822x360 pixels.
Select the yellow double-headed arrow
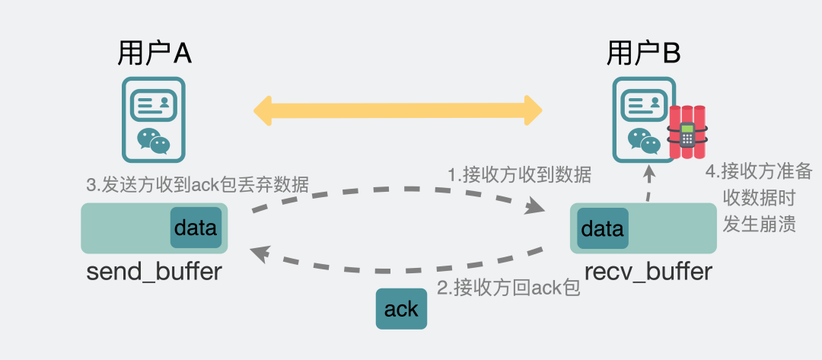pos(397,110)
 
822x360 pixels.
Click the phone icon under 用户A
pos(154,119)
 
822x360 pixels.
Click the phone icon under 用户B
pos(643,119)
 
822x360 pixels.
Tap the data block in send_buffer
pos(196,228)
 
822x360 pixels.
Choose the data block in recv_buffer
pos(602,228)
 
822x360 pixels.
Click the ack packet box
pos(401,309)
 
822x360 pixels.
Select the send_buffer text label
pos(155,271)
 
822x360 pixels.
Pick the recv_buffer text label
pos(648,271)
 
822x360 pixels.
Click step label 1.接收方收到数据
pos(519,175)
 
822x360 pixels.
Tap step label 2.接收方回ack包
pos(508,288)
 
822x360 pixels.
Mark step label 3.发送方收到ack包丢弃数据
pos(197,185)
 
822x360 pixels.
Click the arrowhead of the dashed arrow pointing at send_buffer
pos(261,253)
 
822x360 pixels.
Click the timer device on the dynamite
pos(687,135)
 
